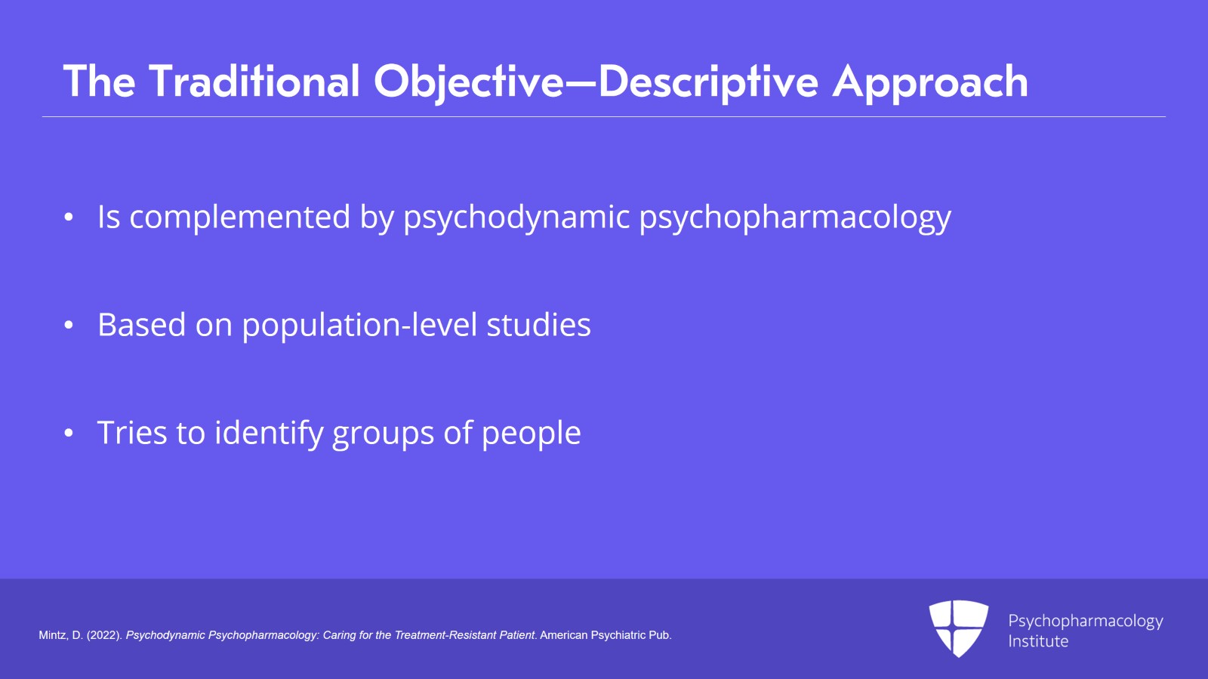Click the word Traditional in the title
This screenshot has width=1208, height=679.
254,82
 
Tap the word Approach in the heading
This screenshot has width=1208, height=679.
930,82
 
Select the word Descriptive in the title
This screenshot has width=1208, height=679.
708,82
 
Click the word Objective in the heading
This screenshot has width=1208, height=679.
468,82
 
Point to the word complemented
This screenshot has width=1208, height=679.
240,218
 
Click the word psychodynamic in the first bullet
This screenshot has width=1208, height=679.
516,218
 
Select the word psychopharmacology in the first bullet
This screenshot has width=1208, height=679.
795,218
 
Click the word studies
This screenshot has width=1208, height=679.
538,326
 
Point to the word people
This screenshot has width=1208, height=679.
531,434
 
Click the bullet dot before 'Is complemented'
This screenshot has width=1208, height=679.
69,218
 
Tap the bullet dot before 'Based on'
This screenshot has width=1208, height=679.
69,326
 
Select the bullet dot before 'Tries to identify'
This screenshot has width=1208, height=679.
69,434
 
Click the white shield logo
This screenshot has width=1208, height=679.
958,628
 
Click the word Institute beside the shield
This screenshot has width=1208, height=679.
1038,641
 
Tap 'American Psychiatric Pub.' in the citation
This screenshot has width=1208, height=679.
606,635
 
